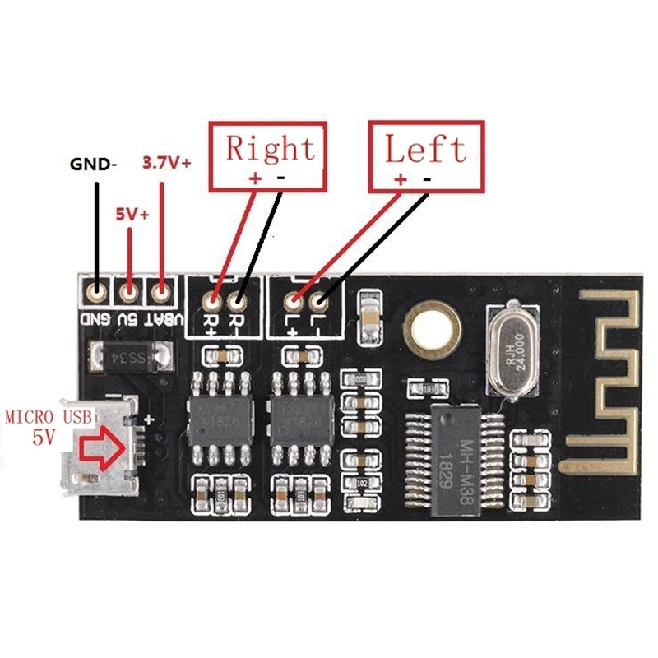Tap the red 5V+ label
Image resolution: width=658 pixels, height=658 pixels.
(132, 215)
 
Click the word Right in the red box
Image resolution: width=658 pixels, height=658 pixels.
(270, 149)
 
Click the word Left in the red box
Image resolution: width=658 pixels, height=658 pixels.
(425, 149)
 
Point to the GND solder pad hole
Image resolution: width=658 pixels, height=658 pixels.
(98, 290)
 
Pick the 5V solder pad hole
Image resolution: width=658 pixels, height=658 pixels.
(129, 290)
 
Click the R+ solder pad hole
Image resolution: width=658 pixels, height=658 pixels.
(216, 301)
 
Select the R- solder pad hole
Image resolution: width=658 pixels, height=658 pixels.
(239, 301)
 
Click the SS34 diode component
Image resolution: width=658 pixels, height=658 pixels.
(131, 356)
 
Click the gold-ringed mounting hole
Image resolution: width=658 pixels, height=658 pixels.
(428, 330)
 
